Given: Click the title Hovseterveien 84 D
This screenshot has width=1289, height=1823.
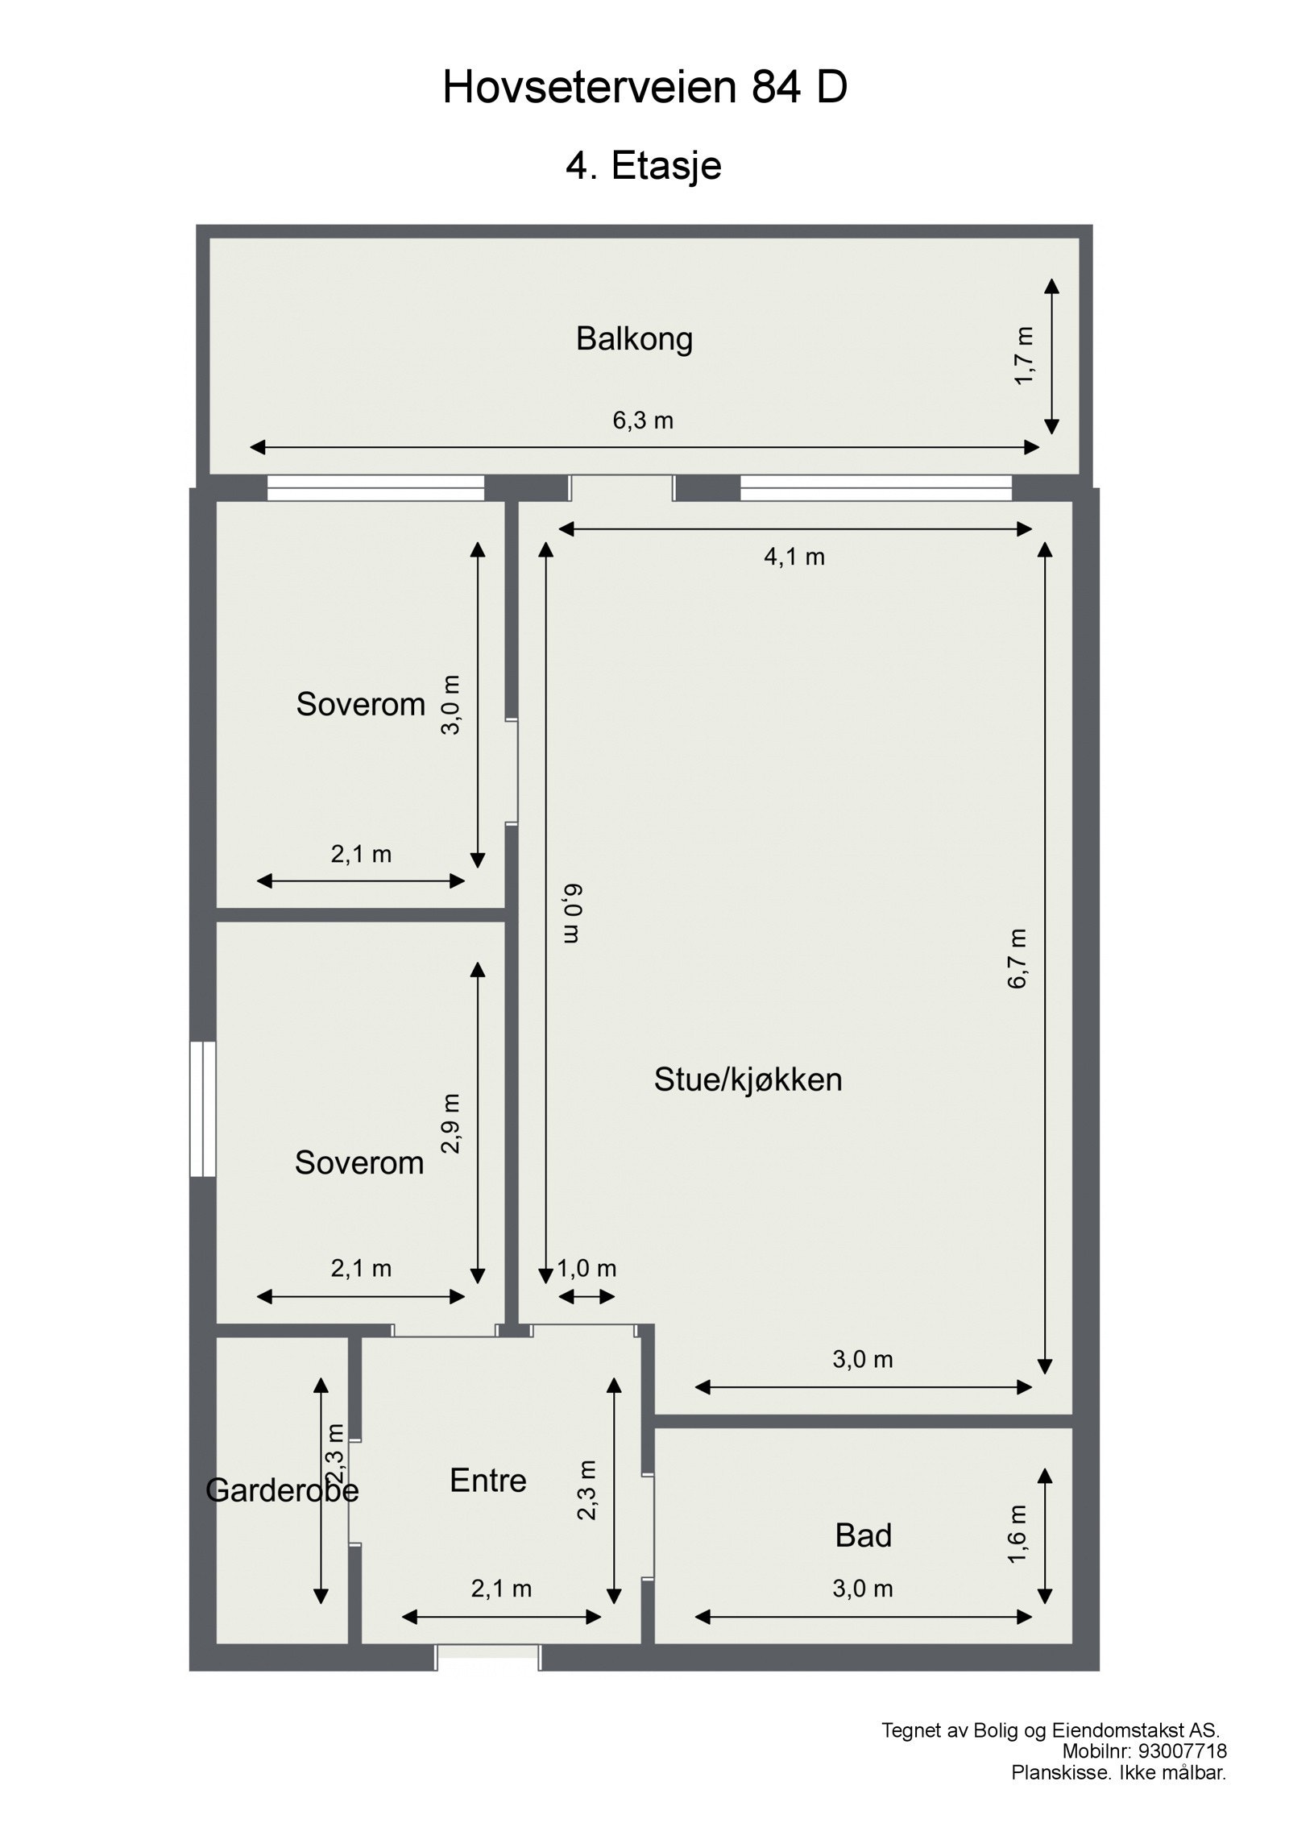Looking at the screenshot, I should [x=644, y=88].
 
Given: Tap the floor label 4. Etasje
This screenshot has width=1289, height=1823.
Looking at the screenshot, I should [x=643, y=166].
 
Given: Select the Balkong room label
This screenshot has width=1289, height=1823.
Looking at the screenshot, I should [x=634, y=339].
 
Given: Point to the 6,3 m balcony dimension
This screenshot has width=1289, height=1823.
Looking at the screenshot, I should [x=642, y=421].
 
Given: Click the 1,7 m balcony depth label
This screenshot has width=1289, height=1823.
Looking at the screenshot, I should [x=1023, y=355].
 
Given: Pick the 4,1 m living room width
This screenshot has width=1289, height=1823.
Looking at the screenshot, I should [x=794, y=557].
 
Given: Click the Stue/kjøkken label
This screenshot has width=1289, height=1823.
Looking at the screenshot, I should [x=748, y=1079].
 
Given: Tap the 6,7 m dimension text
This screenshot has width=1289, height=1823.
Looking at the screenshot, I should [x=1018, y=958].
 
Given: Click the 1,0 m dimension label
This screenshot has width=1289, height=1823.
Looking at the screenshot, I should [x=586, y=1269].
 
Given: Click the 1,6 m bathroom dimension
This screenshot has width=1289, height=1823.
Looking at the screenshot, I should [x=1018, y=1534].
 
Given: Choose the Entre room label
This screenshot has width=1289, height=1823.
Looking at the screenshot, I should [x=487, y=1481].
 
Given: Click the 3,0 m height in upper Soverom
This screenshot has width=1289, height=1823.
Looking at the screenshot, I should [x=451, y=704].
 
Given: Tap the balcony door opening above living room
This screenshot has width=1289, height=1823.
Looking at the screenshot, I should [x=621, y=488].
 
